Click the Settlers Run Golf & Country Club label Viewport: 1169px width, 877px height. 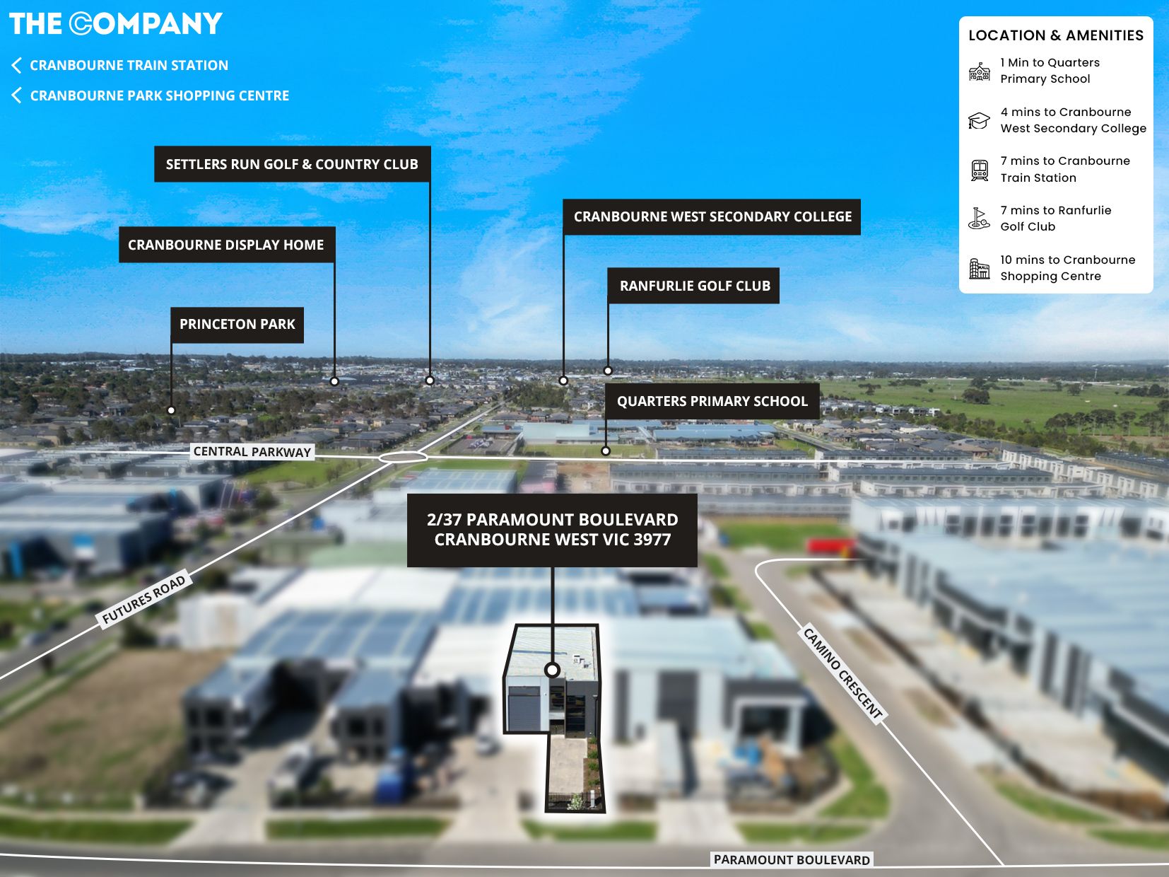point(292,164)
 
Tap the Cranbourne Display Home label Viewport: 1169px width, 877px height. point(226,245)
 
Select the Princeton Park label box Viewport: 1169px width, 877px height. point(237,325)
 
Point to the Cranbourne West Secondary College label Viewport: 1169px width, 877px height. point(712,216)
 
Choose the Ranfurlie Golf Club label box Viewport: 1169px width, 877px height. point(694,286)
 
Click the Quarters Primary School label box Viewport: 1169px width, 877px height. point(712,401)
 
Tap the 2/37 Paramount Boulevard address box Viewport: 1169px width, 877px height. point(552,530)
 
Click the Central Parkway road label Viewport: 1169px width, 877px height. point(252,451)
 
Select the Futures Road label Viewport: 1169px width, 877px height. point(144,599)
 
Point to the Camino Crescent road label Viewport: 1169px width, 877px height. point(843,673)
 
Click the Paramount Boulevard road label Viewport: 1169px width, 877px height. point(792,859)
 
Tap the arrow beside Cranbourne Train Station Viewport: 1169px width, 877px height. point(16,65)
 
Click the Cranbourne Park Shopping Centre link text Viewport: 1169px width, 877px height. point(160,95)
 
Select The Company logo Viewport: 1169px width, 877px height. point(115,23)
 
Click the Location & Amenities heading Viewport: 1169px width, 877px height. point(1056,35)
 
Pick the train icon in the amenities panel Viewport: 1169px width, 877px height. point(980,170)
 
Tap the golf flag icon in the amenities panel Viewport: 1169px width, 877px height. point(979,219)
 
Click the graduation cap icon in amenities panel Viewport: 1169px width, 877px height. point(979,121)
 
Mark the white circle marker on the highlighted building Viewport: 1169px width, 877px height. point(553,669)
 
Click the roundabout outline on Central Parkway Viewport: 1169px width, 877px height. point(403,458)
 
